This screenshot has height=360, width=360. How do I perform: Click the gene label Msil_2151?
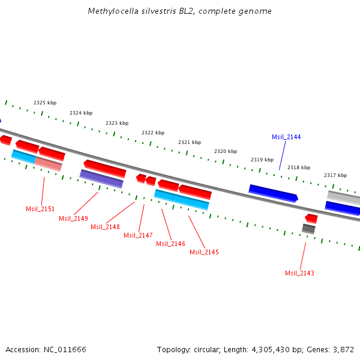(40, 209)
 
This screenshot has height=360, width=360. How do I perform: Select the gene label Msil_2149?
(73, 218)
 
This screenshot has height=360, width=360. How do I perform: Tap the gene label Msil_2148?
(105, 227)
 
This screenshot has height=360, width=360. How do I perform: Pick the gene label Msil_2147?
(138, 235)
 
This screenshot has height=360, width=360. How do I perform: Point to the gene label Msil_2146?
(170, 244)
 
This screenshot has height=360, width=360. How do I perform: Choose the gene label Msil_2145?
(204, 252)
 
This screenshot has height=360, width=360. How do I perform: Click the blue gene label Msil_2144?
(286, 137)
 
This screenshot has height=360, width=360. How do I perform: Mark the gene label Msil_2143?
(299, 273)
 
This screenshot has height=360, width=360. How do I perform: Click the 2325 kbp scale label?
(45, 103)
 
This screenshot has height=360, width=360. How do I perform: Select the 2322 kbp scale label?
(153, 133)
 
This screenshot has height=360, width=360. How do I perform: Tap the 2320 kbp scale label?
(226, 151)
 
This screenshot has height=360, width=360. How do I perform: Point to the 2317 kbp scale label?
(335, 175)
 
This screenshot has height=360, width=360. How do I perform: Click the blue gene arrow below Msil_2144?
(273, 193)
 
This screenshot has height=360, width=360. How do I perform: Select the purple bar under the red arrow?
(101, 179)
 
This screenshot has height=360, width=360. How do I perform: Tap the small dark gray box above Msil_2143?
(308, 229)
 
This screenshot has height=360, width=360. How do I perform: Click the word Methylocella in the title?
(108, 11)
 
